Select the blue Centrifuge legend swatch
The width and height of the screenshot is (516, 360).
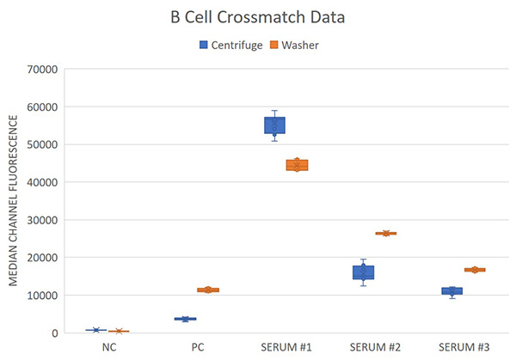point(204,45)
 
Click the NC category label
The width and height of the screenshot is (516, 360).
point(107,348)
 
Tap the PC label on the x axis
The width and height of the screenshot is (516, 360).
point(196,348)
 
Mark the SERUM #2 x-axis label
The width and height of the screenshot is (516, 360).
point(374,348)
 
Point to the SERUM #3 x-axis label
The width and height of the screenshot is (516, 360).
point(463,348)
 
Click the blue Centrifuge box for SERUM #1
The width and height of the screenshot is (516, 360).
point(274,125)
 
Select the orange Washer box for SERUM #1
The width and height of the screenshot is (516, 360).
point(297,165)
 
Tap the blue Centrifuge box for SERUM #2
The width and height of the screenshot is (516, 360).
point(363,272)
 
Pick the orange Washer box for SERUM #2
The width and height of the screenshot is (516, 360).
point(386,233)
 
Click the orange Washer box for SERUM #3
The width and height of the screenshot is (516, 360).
point(475,270)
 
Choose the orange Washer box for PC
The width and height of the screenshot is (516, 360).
point(208,290)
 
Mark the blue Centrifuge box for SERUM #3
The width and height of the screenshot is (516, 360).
point(451,290)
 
